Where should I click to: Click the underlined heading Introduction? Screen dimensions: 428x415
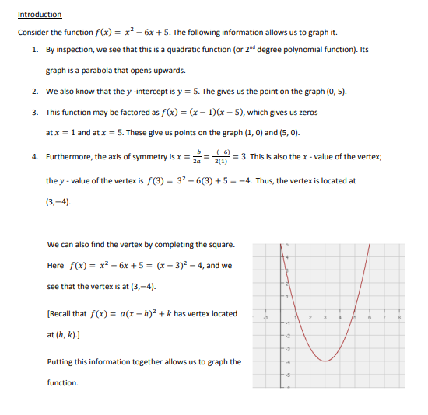click(x=40, y=14)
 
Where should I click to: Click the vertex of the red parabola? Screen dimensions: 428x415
click(x=325, y=361)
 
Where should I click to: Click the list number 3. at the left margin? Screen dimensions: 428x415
click(x=36, y=112)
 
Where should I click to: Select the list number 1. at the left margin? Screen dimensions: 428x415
click(x=36, y=48)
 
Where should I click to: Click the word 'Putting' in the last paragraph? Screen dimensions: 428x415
click(x=61, y=361)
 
